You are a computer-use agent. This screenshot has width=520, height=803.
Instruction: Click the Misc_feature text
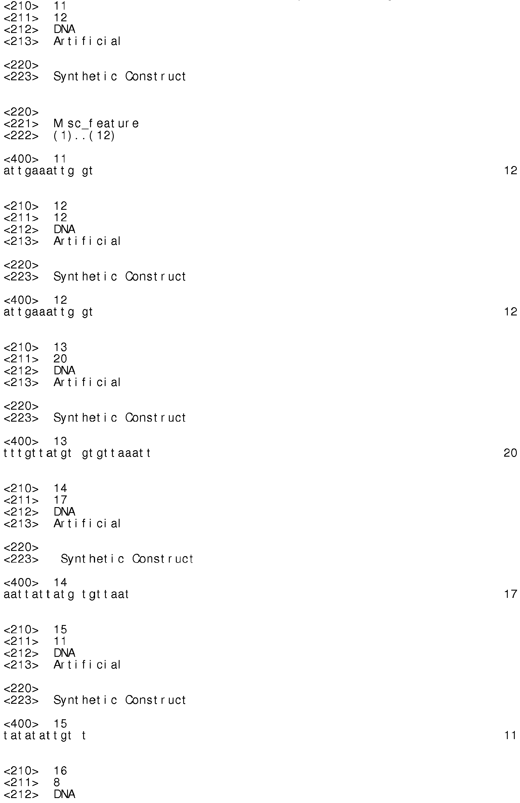click(96, 123)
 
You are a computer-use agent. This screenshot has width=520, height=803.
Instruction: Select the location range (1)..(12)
click(84, 136)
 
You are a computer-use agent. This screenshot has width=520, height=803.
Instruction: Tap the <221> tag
click(21, 124)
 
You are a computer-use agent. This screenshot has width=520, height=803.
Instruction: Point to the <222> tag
click(21, 136)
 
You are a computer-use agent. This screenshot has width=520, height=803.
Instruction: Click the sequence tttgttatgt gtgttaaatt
click(77, 453)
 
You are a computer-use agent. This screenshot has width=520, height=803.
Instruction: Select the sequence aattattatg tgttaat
click(66, 594)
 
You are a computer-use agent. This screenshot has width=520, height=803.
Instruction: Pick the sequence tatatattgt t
click(45, 736)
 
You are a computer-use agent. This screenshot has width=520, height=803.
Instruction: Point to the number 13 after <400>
click(60, 441)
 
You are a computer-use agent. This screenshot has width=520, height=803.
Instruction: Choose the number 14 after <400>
click(60, 582)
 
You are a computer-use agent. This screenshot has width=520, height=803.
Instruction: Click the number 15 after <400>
click(60, 723)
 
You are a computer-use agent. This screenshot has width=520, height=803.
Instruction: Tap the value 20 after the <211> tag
click(60, 359)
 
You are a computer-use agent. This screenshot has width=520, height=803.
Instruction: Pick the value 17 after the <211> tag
click(60, 500)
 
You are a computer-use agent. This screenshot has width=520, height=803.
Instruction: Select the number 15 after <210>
click(60, 629)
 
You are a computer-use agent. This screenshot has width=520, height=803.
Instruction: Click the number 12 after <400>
click(60, 300)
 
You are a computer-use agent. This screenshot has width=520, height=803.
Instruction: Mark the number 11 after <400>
click(60, 158)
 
